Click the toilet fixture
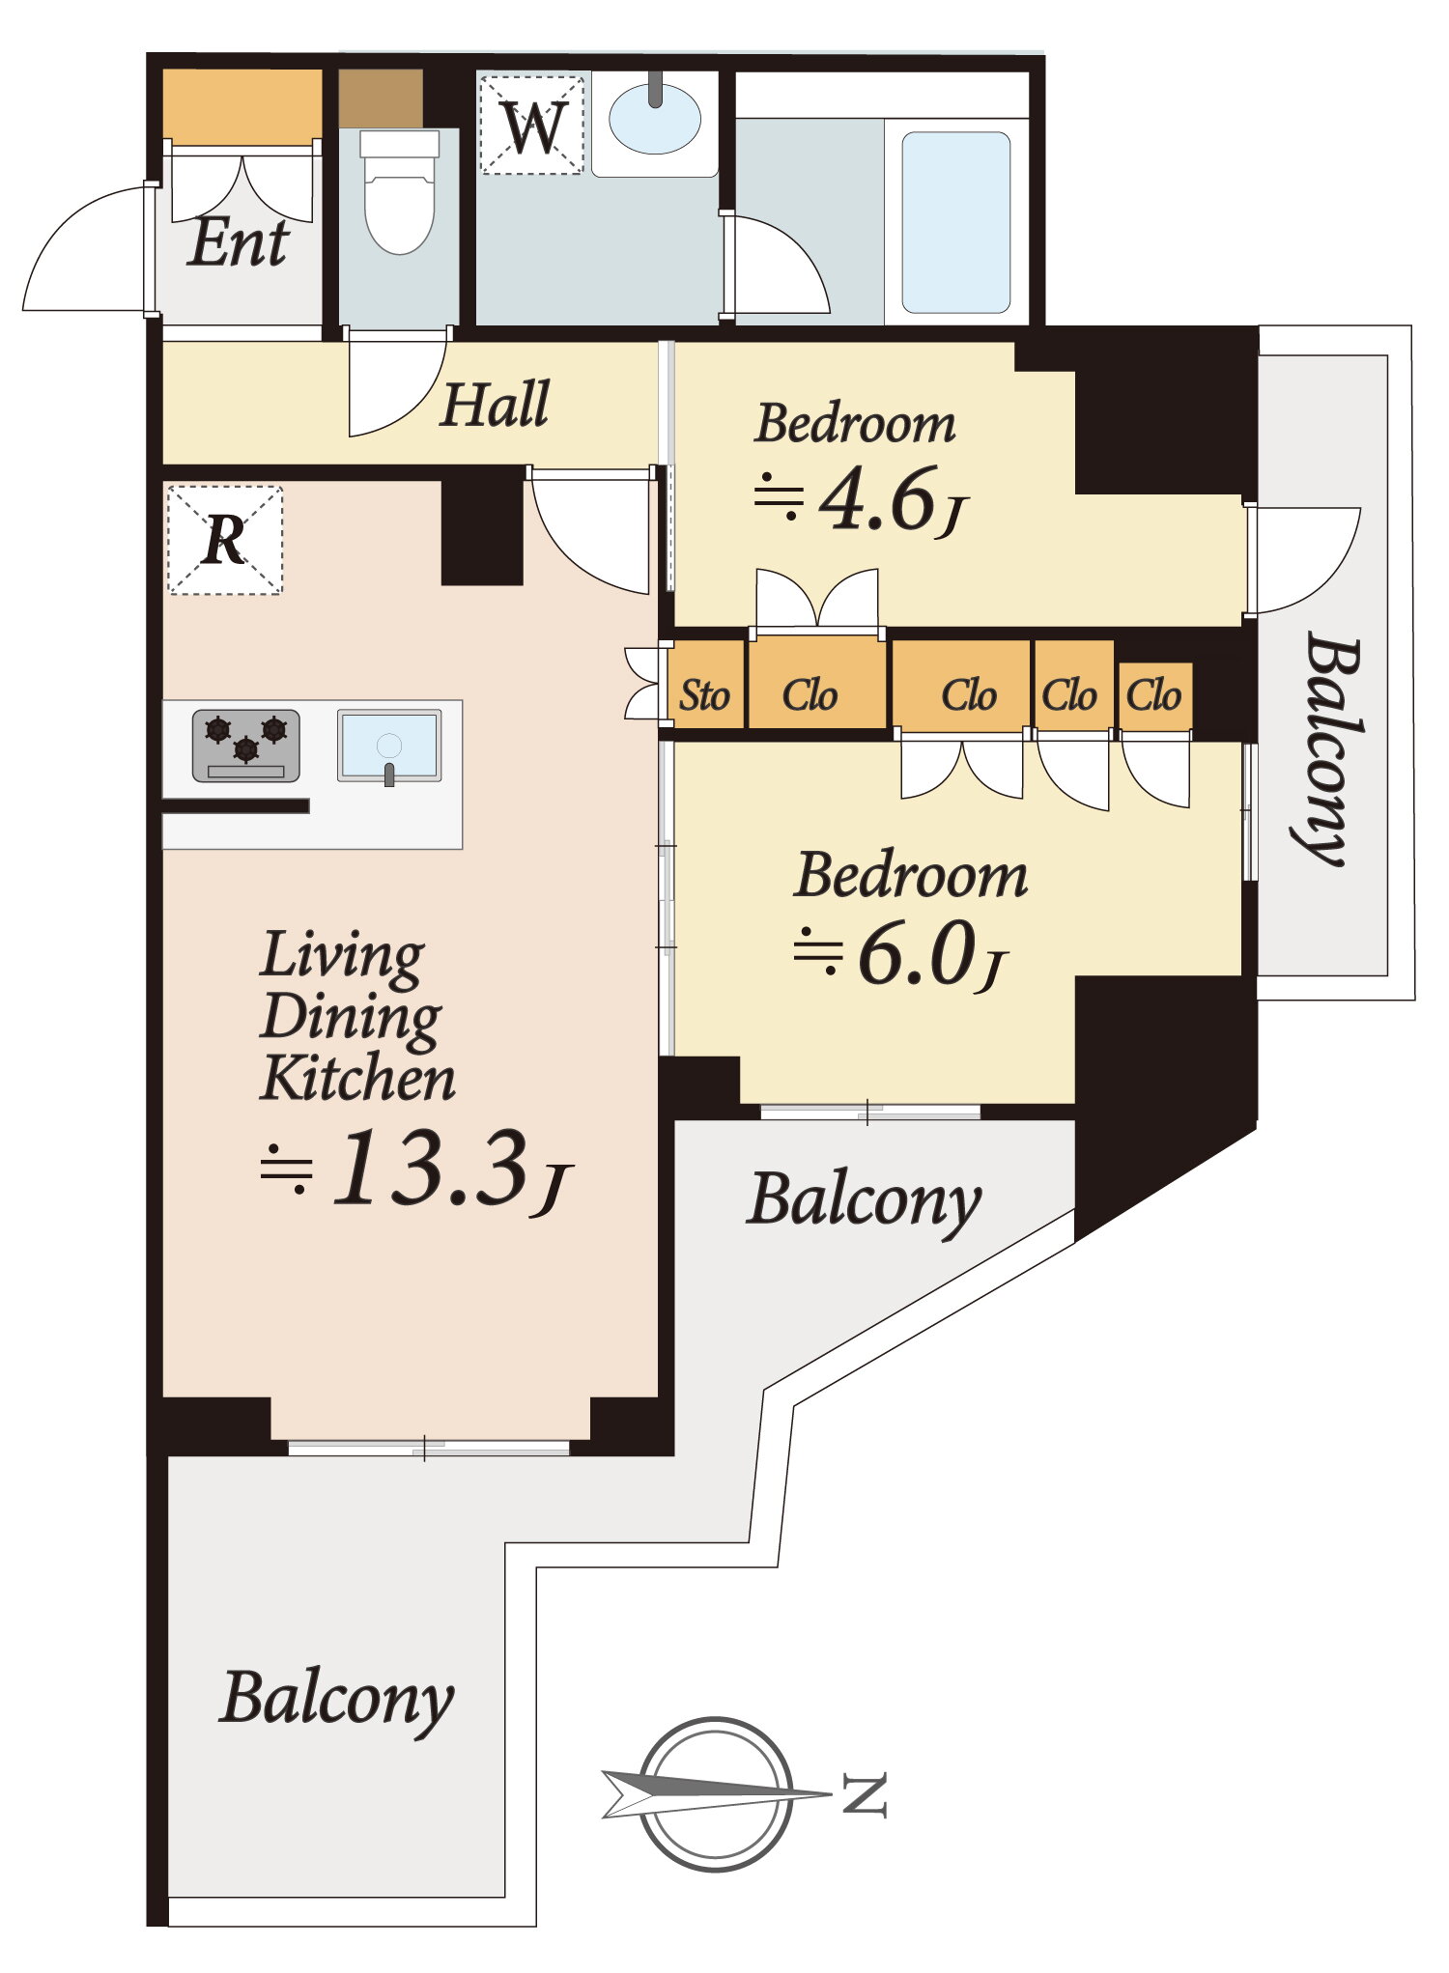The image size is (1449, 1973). [x=399, y=191]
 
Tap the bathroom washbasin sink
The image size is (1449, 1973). [x=655, y=119]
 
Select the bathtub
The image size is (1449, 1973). [x=955, y=222]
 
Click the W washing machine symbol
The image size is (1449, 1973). [x=532, y=126]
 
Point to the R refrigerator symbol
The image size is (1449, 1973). [x=224, y=540]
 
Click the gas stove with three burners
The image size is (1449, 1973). [x=246, y=746]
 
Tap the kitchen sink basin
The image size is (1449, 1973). [x=389, y=746]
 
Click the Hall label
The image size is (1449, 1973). [x=495, y=404]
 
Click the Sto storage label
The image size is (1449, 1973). [x=704, y=695]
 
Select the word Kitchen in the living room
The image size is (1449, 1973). [x=357, y=1078]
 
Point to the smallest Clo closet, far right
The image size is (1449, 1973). [x=1155, y=696]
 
